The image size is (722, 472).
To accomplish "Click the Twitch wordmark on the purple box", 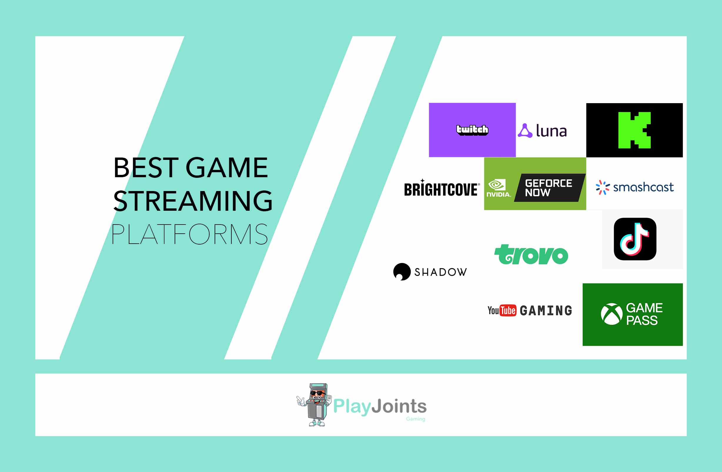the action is click(x=472, y=130).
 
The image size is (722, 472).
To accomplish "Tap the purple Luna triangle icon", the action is click(x=525, y=131).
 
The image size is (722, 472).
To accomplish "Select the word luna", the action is click(x=551, y=131).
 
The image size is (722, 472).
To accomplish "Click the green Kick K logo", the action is click(x=634, y=130).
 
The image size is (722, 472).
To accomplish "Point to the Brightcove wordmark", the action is click(x=442, y=188).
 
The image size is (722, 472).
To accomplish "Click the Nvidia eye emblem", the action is click(x=497, y=185).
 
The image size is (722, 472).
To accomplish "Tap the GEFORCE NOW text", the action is click(x=549, y=188).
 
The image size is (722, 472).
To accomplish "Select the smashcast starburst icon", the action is click(x=602, y=188).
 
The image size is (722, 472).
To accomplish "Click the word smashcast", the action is click(x=643, y=187).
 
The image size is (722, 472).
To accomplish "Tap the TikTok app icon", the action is click(x=635, y=239).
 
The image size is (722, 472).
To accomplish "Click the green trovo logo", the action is click(x=531, y=255).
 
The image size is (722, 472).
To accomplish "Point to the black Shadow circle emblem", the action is click(x=402, y=272).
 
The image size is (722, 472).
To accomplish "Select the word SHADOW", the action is click(x=440, y=272).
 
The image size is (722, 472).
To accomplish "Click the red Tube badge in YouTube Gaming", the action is click(x=508, y=310).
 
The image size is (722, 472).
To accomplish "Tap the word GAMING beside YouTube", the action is click(x=546, y=311).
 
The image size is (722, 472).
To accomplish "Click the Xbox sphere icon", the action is click(x=611, y=314).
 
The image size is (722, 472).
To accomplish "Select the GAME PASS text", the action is click(x=644, y=314).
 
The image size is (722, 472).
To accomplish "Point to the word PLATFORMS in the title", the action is click(x=190, y=234).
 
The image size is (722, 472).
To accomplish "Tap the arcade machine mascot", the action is click(x=314, y=405).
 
